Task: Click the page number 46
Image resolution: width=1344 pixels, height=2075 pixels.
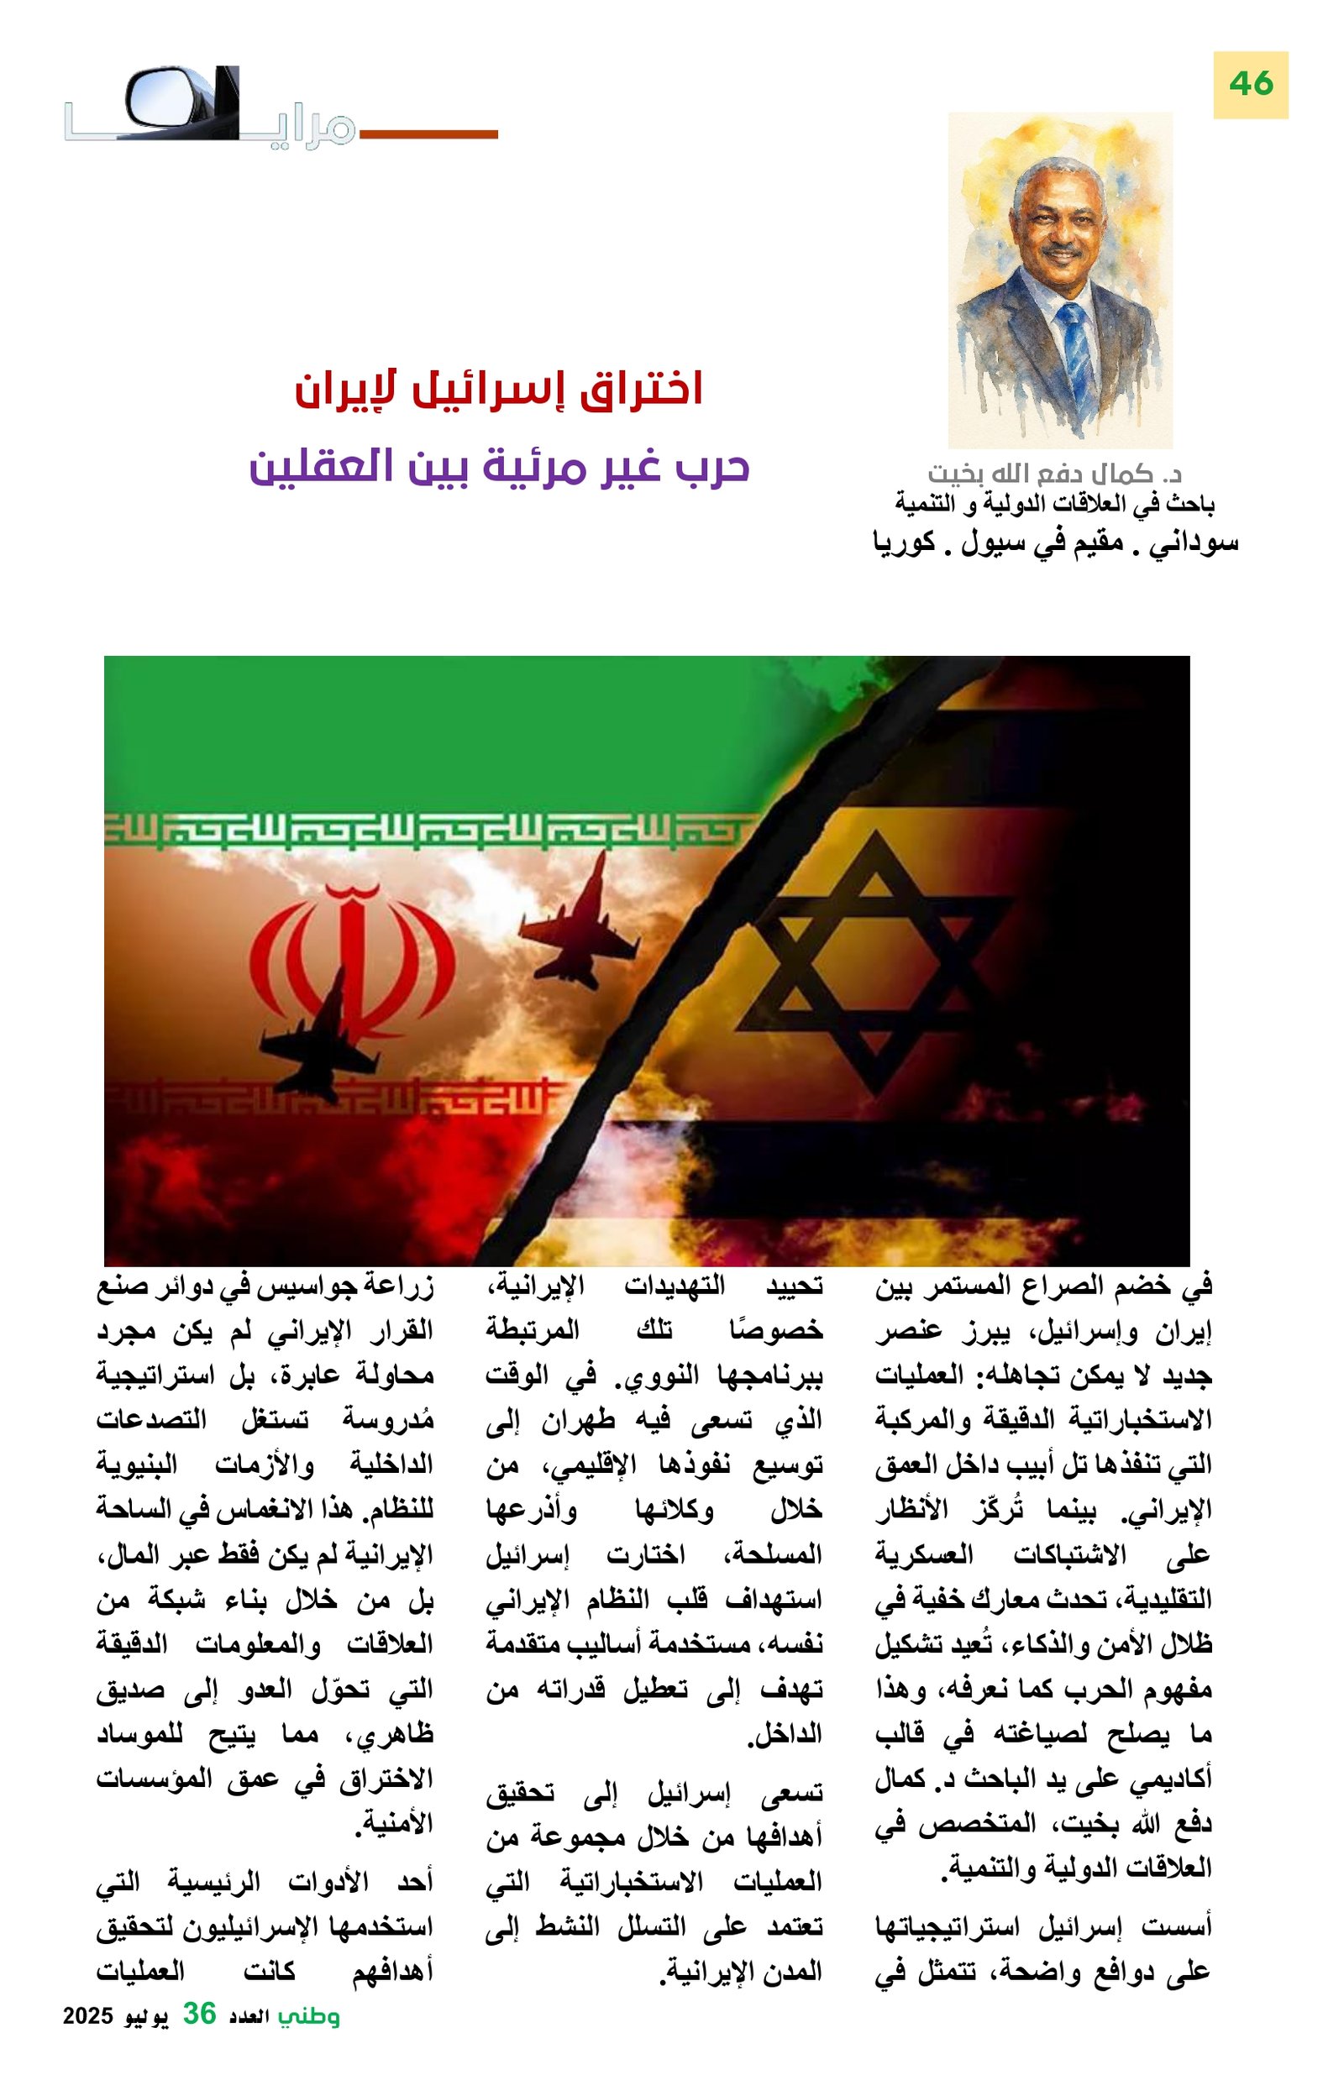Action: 1250,85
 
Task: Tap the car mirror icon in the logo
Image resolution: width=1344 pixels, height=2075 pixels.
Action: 165,97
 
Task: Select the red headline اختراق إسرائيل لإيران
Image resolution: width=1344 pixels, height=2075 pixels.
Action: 499,390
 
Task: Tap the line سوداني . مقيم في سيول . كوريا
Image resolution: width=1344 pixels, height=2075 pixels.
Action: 1054,542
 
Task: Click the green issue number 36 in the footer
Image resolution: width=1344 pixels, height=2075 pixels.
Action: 199,2014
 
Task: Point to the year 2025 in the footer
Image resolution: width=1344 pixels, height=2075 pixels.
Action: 88,2015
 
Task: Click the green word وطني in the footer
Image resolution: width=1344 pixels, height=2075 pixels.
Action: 309,2015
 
